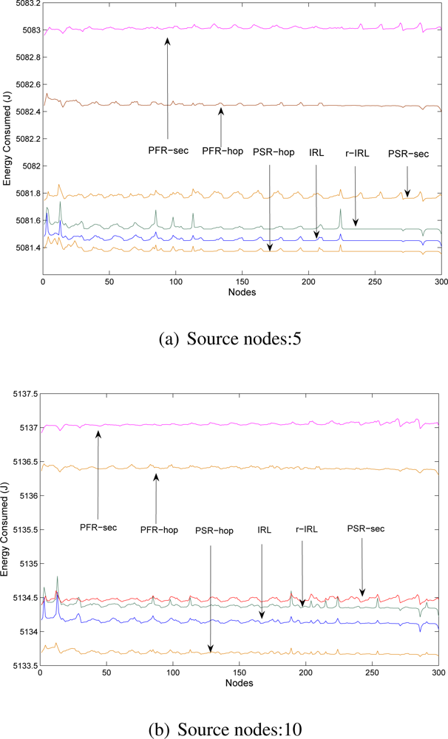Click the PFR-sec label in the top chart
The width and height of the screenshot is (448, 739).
point(169,150)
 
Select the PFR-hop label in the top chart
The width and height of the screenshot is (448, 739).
point(223,151)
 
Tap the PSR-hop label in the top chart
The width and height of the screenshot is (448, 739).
point(274,153)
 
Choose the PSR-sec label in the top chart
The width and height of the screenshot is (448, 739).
point(409,154)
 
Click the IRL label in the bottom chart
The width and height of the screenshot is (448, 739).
point(264,530)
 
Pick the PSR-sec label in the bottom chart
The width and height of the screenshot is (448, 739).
point(367,529)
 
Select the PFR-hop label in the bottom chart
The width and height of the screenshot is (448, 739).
point(159,530)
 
